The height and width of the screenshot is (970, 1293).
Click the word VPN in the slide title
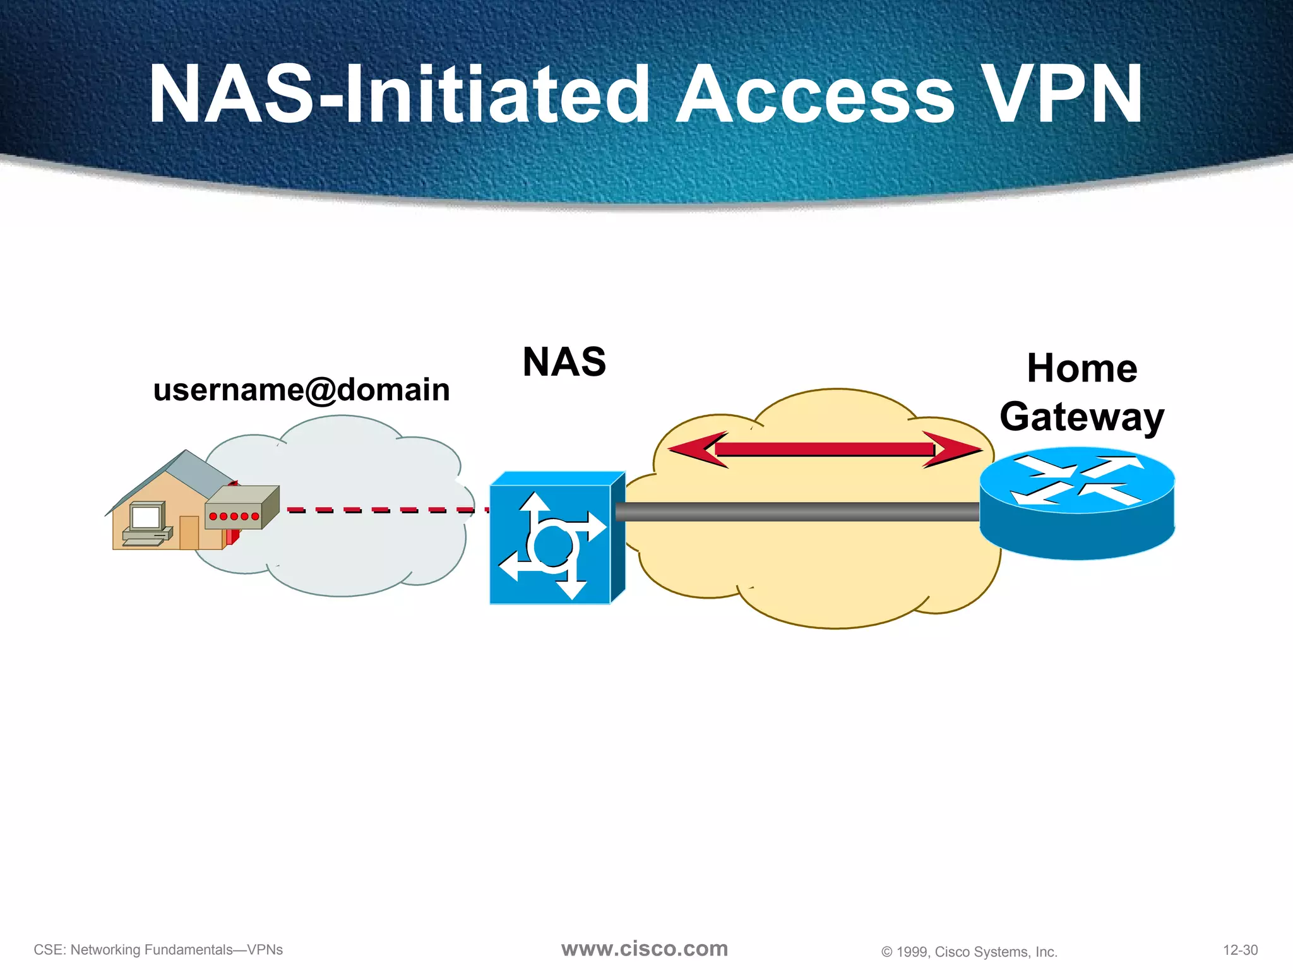pyautogui.click(x=1063, y=95)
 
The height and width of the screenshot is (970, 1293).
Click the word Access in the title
pyautogui.click(x=814, y=95)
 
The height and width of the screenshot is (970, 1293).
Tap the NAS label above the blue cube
pyautogui.click(x=564, y=362)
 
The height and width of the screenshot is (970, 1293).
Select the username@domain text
pyautogui.click(x=301, y=390)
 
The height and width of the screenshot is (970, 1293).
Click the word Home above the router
pyautogui.click(x=1081, y=368)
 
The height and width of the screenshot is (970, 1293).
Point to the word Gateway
pyautogui.click(x=1081, y=417)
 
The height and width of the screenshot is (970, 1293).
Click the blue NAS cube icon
pyautogui.click(x=551, y=543)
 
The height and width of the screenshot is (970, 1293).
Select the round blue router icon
pyautogui.click(x=1077, y=505)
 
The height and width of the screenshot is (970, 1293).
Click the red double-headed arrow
pyautogui.click(x=824, y=450)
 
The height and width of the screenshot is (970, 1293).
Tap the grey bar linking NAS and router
pyautogui.click(x=795, y=512)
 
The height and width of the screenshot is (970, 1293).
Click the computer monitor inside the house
pyautogui.click(x=146, y=518)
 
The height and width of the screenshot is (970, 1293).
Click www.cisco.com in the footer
pyautogui.click(x=644, y=949)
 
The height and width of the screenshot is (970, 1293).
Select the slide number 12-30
pyautogui.click(x=1240, y=950)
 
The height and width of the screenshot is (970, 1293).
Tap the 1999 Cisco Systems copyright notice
pyautogui.click(x=969, y=952)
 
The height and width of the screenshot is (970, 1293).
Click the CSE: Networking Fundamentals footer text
pyautogui.click(x=158, y=950)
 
